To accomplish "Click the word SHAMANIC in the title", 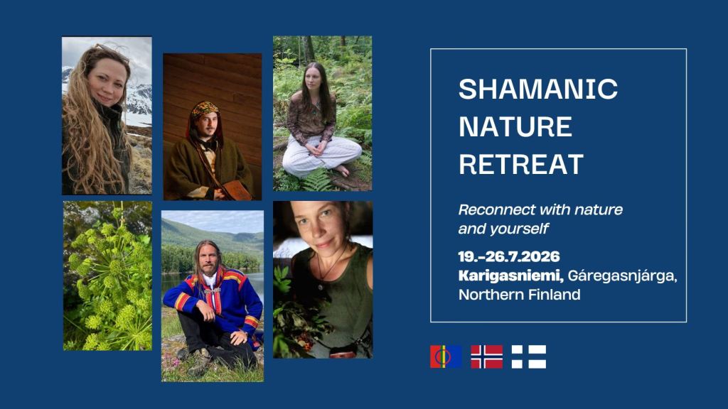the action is coord(538,89).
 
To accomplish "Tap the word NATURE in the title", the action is coord(515,126).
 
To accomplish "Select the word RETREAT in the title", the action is coord(521,164).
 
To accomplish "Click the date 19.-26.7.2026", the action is coord(509,256).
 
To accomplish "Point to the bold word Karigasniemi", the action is coord(510,276).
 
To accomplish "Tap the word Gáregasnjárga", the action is coord(623,276).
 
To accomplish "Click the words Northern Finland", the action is coord(519,295).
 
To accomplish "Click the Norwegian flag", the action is coord(486,356).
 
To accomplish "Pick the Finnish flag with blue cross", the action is coord(529,356).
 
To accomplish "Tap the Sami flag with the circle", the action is coord(446,356).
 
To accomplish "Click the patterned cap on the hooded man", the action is coord(205,109).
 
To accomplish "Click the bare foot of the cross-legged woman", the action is coord(342,170).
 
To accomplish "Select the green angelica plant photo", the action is coord(108,276).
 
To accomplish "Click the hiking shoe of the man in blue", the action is coord(200,362).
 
